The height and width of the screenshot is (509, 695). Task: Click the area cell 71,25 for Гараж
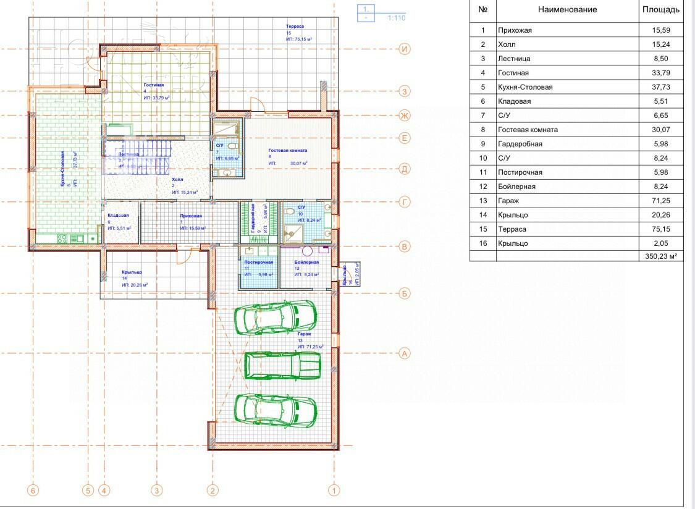tap(660, 201)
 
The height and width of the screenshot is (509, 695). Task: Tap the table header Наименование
tap(567, 10)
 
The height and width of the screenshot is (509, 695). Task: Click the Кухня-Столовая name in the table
tap(525, 87)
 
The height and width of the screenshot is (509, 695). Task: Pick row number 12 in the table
tap(483, 187)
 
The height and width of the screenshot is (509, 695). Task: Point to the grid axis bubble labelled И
tap(405, 49)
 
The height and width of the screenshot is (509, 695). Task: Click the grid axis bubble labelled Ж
tap(405, 116)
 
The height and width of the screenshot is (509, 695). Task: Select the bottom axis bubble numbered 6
tap(33, 491)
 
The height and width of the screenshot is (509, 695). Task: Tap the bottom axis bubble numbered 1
tap(334, 491)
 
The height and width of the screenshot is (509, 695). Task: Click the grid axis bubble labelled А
tap(405, 354)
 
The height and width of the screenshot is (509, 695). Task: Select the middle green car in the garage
tap(283, 365)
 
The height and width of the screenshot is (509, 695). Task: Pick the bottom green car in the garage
tap(276, 409)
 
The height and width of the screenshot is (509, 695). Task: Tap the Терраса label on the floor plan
tap(295, 27)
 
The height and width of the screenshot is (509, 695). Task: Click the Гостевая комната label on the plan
tap(287, 150)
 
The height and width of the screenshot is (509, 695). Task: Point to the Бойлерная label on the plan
tap(306, 263)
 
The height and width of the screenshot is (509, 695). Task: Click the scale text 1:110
tap(397, 18)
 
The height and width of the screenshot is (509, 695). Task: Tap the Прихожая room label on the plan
tap(191, 216)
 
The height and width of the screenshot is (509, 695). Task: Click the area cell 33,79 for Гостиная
tap(660, 73)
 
